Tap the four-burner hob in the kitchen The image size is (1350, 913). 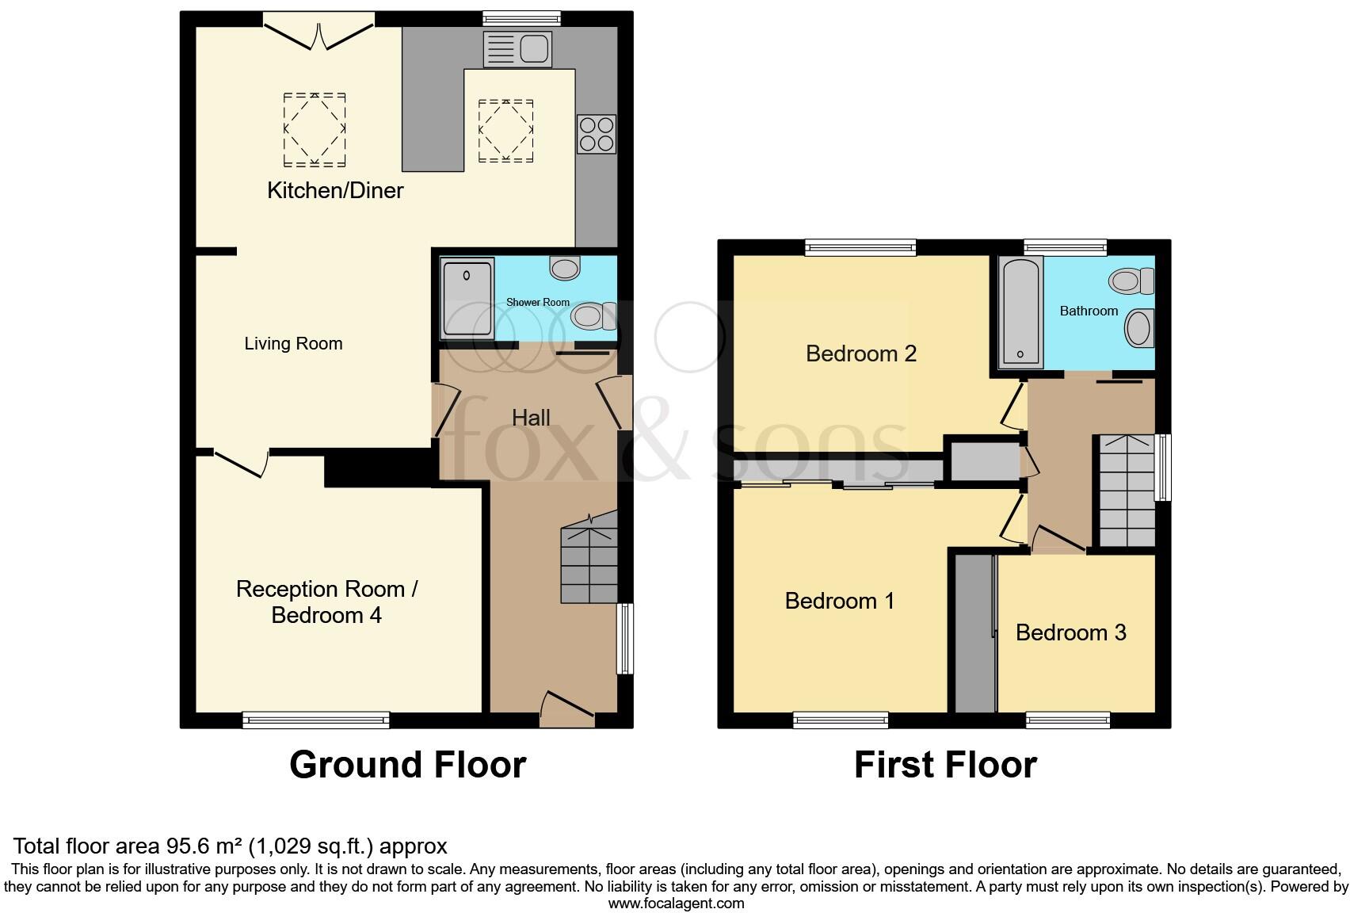tap(596, 134)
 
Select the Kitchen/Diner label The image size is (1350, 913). tap(335, 190)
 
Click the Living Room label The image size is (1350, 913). tap(293, 344)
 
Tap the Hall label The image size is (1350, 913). tap(531, 418)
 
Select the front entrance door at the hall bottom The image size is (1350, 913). tap(566, 708)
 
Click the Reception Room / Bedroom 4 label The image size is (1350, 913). tap(326, 602)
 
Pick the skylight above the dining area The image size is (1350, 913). tap(315, 129)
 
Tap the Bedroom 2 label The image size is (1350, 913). tap(860, 353)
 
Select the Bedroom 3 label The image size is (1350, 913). tap(1070, 632)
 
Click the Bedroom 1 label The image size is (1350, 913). tap(839, 601)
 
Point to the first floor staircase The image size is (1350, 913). tap(1124, 491)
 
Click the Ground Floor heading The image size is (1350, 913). tap(407, 765)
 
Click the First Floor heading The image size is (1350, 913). tap(944, 765)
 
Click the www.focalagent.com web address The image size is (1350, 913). tap(676, 903)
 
